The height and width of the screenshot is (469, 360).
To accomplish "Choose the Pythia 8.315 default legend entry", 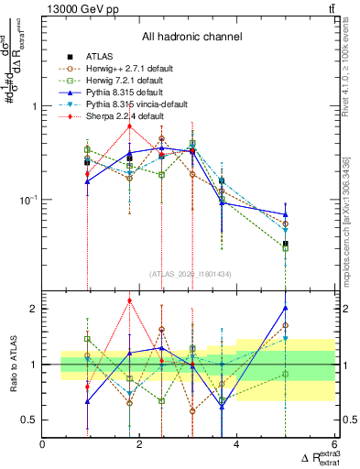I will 128,92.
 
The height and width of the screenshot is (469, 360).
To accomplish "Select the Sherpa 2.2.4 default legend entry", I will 127,116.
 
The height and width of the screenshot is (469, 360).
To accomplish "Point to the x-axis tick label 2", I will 140,446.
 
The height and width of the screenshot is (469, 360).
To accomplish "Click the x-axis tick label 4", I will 237,446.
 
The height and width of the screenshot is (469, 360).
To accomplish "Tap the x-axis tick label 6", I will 333,446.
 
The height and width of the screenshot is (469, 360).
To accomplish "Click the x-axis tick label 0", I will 43,446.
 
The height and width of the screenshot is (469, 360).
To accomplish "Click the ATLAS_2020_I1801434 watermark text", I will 191,274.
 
